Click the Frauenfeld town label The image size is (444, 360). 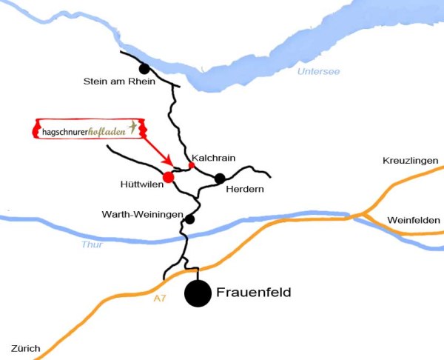click(x=253, y=293)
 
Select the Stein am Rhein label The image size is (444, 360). click(x=119, y=81)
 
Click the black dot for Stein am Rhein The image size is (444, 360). click(x=144, y=69)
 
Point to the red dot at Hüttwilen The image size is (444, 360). click(x=168, y=177)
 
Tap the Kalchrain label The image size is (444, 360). click(x=213, y=158)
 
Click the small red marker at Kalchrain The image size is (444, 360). click(x=192, y=165)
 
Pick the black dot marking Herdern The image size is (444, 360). click(x=220, y=178)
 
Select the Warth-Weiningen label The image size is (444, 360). click(x=142, y=214)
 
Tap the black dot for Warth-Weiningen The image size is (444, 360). click(x=190, y=219)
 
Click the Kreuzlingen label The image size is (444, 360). click(x=411, y=161)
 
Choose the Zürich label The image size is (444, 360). click(x=26, y=347)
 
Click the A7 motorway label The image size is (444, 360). click(x=160, y=299)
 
